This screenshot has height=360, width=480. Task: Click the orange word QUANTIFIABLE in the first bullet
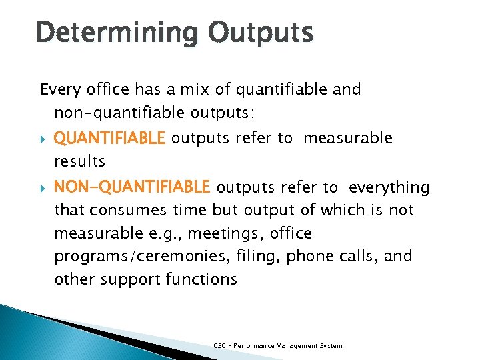tap(109, 138)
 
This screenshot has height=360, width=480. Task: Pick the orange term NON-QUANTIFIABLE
tap(132, 187)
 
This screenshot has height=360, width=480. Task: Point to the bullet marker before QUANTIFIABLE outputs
tap(43, 139)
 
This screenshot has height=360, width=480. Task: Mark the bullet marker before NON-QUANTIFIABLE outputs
tap(43, 187)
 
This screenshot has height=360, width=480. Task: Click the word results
tap(79, 161)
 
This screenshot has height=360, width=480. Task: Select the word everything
tap(389, 187)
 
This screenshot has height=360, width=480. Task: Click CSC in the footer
tap(219, 345)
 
